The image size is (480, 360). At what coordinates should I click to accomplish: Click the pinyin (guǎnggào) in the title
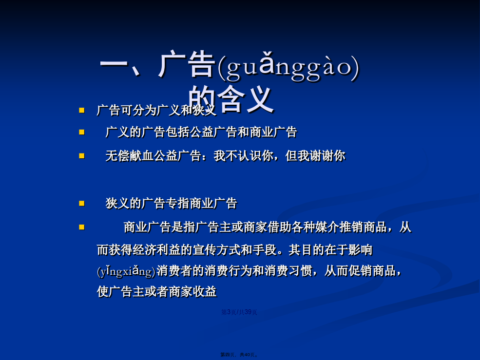(x=288, y=67)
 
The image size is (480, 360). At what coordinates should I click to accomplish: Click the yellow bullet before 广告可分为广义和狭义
(x=82, y=110)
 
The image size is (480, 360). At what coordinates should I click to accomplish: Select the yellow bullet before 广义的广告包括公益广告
(x=82, y=132)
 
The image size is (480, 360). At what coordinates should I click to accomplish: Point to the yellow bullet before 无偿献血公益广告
(x=82, y=156)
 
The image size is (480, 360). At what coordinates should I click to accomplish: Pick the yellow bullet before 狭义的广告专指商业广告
(x=82, y=203)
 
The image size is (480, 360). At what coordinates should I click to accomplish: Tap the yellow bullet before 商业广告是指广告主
(x=82, y=227)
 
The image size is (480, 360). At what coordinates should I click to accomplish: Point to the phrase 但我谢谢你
(x=315, y=156)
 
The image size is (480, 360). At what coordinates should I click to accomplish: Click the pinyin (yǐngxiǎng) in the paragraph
(x=126, y=271)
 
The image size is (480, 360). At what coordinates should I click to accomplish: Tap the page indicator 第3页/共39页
(x=239, y=312)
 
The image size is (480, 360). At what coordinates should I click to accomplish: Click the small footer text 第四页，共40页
(x=239, y=355)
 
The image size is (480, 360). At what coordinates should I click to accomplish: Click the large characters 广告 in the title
(x=187, y=65)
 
